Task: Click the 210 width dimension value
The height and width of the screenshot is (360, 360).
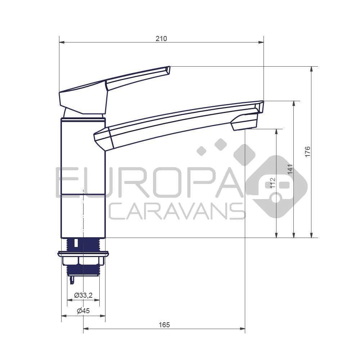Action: tap(161, 39)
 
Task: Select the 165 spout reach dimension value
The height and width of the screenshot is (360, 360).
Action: tap(164, 325)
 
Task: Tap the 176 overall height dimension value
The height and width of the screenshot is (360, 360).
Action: tap(307, 152)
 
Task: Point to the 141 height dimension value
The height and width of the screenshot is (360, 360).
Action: tap(290, 169)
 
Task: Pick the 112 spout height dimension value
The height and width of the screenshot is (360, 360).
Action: tap(273, 183)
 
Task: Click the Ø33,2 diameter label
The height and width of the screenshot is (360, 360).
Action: tap(83, 295)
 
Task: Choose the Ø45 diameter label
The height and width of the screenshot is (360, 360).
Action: tap(83, 311)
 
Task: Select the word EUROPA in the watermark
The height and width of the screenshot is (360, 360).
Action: tap(149, 183)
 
